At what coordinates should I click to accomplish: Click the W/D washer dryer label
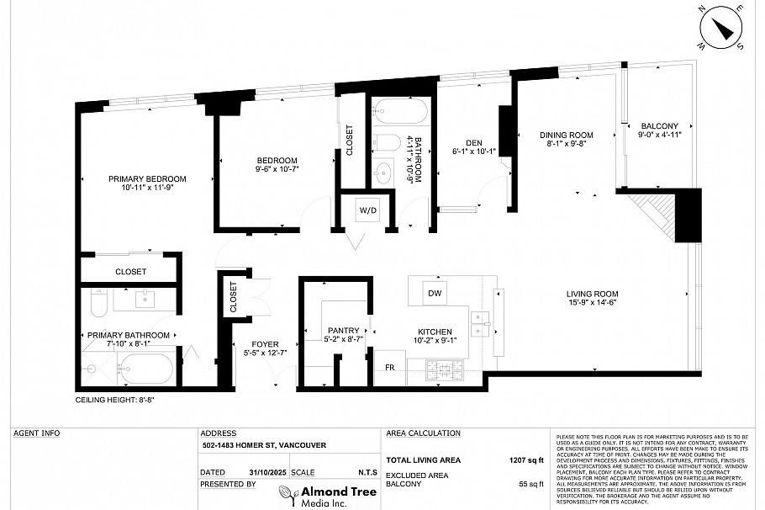(x=367, y=210)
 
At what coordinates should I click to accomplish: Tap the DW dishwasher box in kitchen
(x=434, y=293)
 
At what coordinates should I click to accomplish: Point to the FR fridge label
(x=389, y=368)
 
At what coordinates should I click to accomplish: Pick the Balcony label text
(x=659, y=126)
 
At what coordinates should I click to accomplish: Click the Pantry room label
(x=344, y=331)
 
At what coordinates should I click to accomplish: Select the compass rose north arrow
(x=720, y=29)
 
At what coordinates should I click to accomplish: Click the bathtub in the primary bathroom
(x=148, y=369)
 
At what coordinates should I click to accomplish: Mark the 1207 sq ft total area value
(x=527, y=460)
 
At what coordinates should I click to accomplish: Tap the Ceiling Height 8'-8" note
(x=116, y=400)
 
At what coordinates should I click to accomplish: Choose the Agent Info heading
(x=37, y=433)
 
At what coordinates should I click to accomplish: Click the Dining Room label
(x=566, y=135)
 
